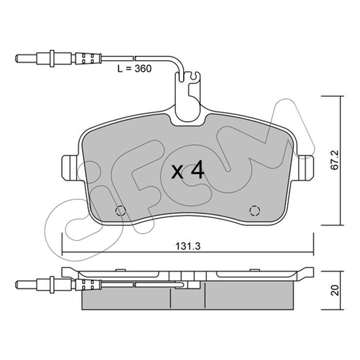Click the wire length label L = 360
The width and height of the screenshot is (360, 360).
135,68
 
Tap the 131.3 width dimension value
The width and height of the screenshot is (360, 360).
188,246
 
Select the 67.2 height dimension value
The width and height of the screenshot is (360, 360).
334,160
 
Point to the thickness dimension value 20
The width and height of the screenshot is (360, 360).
335,290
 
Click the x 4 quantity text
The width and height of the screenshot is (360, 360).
188,170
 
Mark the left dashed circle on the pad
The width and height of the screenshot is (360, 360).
121,211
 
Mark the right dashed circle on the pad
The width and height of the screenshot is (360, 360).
255,211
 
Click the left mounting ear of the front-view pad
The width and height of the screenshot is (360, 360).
70,168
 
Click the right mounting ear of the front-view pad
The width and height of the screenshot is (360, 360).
306,168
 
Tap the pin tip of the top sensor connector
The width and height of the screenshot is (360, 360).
17,58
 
